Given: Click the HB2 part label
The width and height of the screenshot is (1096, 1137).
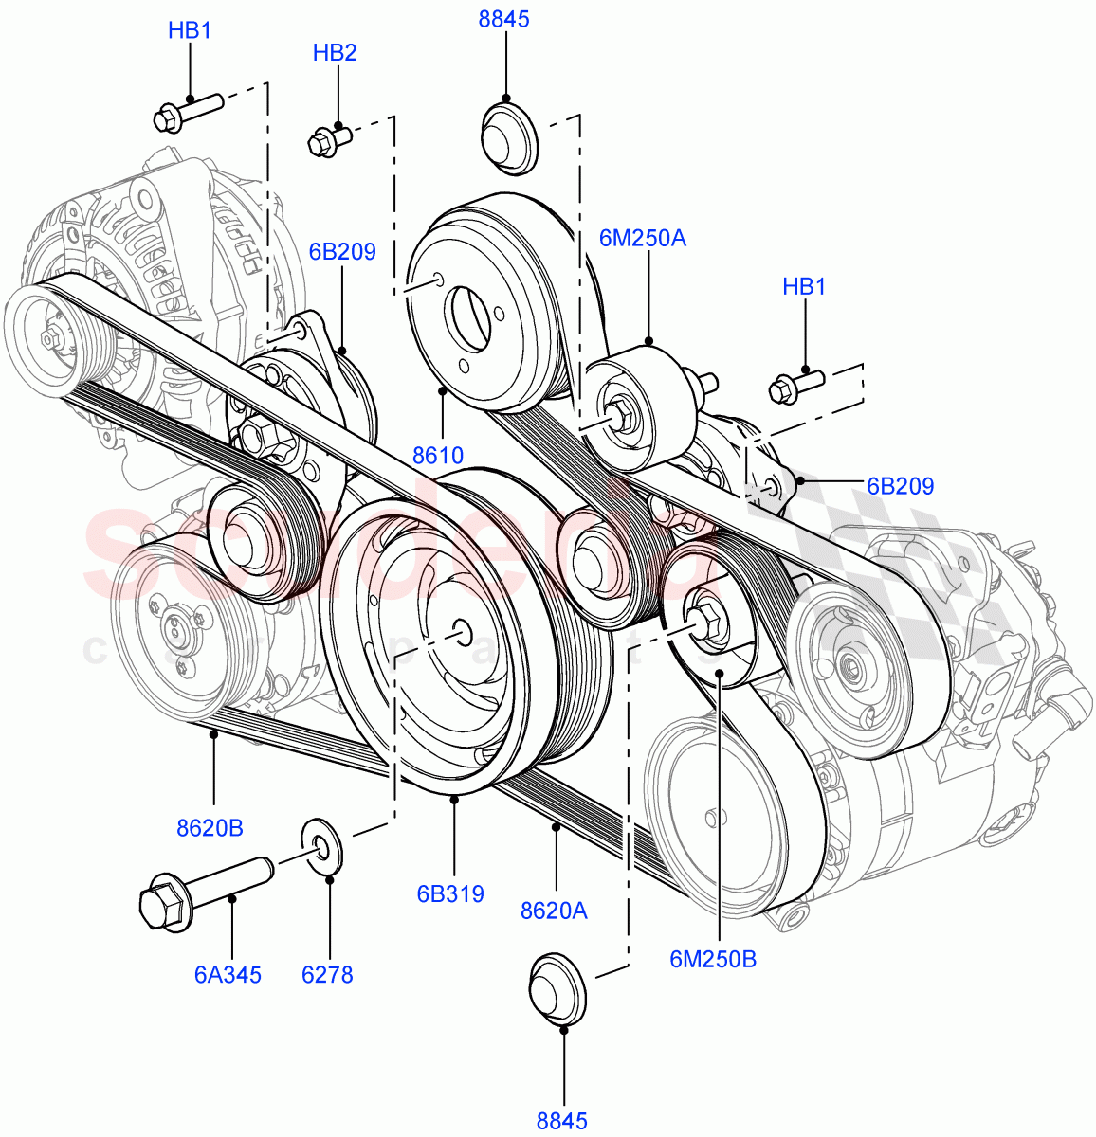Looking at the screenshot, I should click(x=335, y=53).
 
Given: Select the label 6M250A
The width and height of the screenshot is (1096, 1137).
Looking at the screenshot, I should click(x=642, y=238).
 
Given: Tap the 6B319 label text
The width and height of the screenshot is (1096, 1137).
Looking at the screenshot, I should click(x=450, y=893).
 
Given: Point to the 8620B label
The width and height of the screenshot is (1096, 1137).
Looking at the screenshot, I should click(x=210, y=828).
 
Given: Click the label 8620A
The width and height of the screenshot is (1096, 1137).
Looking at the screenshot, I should click(x=554, y=911).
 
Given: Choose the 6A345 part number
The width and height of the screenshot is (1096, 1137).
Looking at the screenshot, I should click(x=228, y=974).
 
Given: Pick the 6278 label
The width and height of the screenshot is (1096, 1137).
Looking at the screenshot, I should click(x=328, y=974).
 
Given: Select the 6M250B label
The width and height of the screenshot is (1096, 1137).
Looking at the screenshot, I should click(x=713, y=959).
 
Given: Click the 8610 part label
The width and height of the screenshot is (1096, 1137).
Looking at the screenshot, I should click(x=438, y=456).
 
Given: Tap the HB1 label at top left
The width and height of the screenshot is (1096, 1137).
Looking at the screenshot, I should click(x=190, y=30).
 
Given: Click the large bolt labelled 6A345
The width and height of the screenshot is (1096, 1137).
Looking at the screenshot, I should click(x=204, y=886).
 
